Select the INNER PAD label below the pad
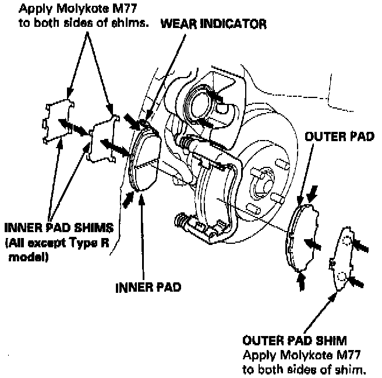(x=148, y=287)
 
